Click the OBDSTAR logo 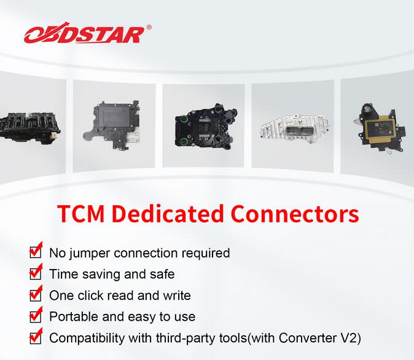click(x=85, y=34)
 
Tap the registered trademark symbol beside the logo click(x=149, y=27)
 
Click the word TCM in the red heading click(x=81, y=214)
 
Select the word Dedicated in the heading click(x=168, y=214)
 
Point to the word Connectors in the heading click(x=295, y=214)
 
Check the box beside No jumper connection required click(x=36, y=251)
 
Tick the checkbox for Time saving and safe click(x=36, y=272)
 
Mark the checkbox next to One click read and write click(x=36, y=294)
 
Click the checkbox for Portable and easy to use click(x=36, y=315)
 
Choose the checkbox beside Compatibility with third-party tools click(x=36, y=336)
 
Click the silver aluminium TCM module click(x=294, y=128)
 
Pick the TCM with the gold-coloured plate click(x=380, y=128)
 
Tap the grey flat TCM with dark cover click(x=111, y=125)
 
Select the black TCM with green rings click(x=206, y=126)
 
